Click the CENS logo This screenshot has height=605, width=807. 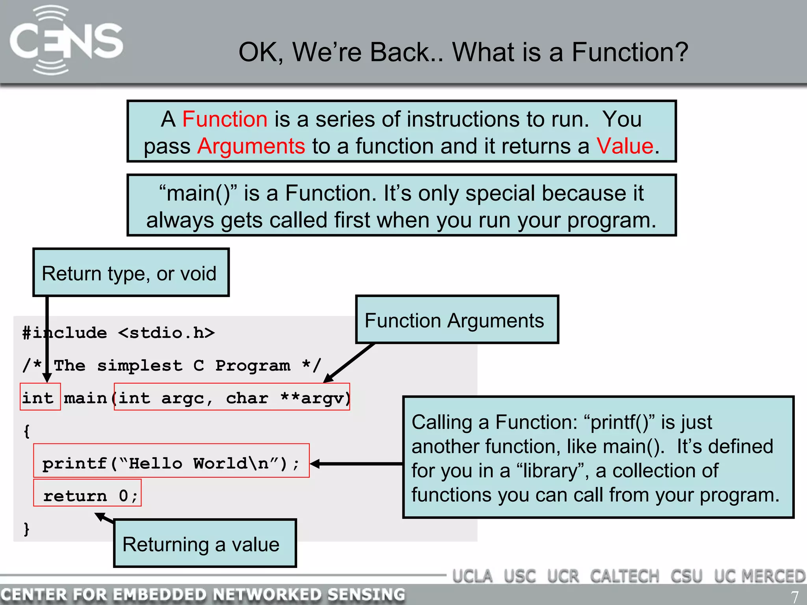(x=66, y=40)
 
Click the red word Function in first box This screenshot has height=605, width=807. (x=225, y=119)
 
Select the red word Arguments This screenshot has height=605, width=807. (x=251, y=146)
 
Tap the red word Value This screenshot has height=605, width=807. (x=625, y=146)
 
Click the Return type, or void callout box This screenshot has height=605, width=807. (x=130, y=273)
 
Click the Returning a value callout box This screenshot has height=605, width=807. (x=205, y=544)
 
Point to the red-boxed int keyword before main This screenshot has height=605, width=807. (x=38, y=397)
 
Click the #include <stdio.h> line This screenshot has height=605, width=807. (x=118, y=333)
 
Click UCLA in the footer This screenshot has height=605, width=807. (x=472, y=576)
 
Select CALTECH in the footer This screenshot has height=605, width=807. (x=625, y=576)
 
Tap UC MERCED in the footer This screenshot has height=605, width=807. (x=759, y=576)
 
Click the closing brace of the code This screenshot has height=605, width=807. (x=26, y=529)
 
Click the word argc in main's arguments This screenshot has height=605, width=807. (x=183, y=398)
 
